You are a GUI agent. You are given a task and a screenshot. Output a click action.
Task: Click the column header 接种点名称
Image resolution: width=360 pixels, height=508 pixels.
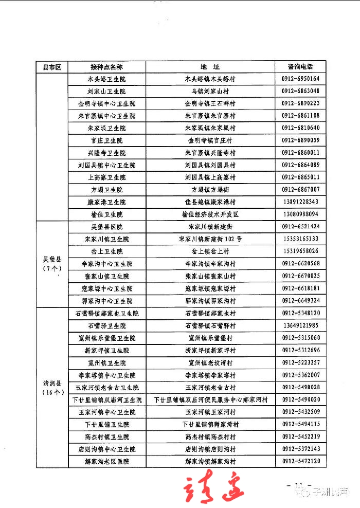(x=106, y=67)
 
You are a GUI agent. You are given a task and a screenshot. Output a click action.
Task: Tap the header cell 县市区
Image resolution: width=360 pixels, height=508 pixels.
(x=52, y=67)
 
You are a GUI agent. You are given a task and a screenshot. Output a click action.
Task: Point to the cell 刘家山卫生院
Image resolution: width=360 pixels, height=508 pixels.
(x=106, y=92)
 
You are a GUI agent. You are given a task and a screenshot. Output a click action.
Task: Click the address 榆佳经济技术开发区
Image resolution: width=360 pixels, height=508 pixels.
(x=210, y=214)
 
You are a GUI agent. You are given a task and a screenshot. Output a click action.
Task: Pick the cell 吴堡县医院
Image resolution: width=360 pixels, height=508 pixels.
(x=106, y=227)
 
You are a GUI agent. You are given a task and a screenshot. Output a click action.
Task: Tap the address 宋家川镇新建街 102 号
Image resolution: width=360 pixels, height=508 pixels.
(x=210, y=239)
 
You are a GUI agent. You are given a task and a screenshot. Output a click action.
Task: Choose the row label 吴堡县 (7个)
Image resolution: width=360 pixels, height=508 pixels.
(x=52, y=264)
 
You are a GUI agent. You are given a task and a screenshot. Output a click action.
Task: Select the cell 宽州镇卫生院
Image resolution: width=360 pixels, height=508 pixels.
(x=106, y=362)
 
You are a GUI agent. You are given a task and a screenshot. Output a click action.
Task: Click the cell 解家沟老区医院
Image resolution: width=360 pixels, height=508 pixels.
(x=106, y=461)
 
